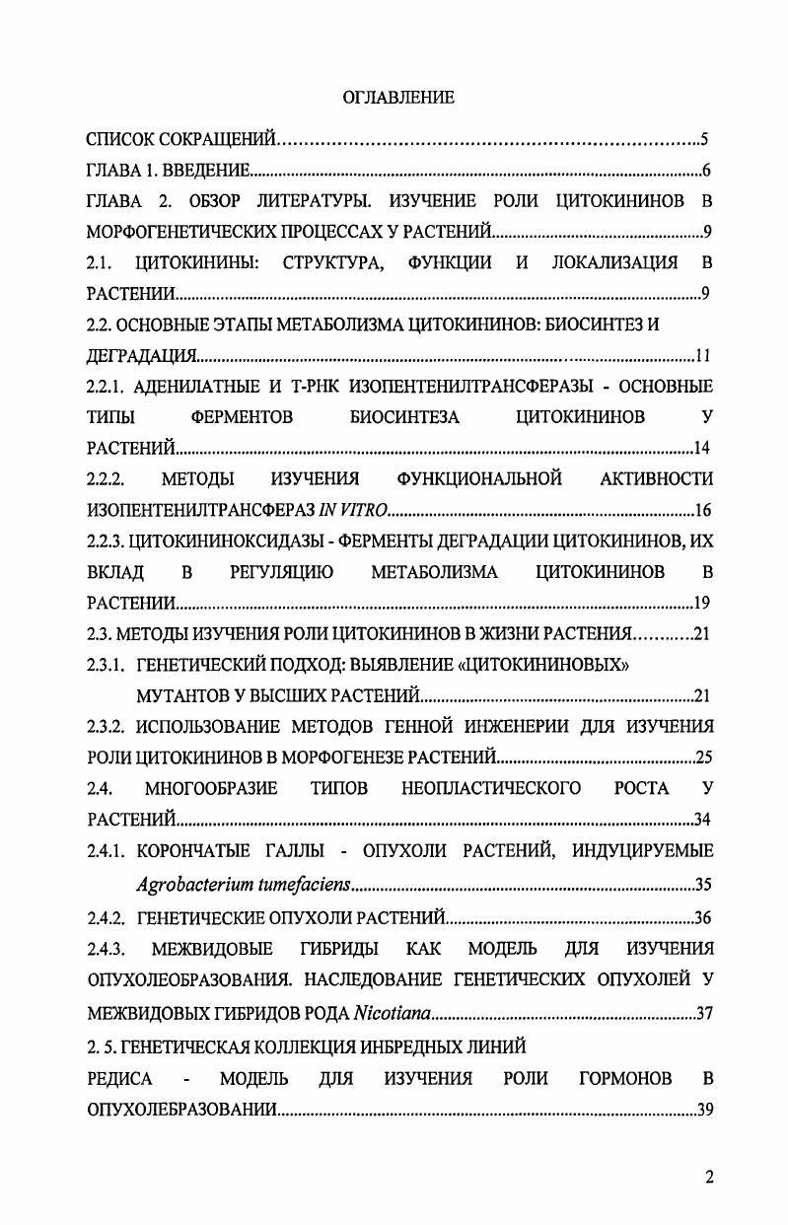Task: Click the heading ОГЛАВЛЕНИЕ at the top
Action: pyautogui.click(x=397, y=97)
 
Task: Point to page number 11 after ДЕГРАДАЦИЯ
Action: pyautogui.click(x=703, y=355)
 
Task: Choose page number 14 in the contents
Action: pyautogui.click(x=702, y=449)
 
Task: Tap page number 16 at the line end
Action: pyautogui.click(x=702, y=510)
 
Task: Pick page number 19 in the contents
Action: pyautogui.click(x=702, y=603)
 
